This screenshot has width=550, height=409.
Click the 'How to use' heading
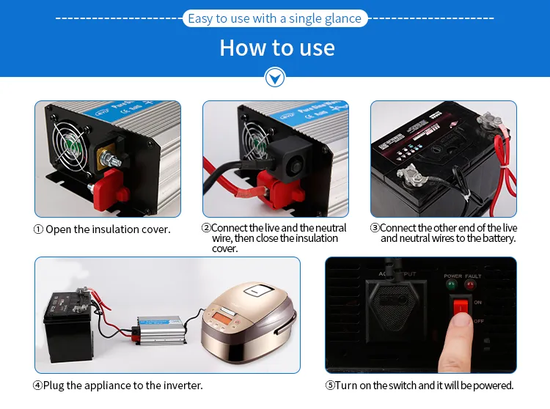276,48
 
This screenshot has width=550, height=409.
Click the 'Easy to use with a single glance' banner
274,18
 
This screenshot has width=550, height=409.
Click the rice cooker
246,319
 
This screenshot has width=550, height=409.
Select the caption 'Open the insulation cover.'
102,229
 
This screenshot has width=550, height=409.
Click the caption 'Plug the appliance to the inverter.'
117,385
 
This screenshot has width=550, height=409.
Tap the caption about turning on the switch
419,385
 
